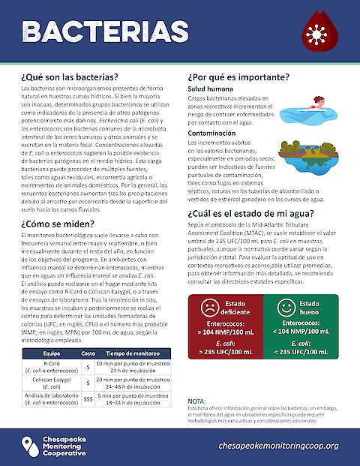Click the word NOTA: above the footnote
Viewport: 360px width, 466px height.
(x=196, y=401)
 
